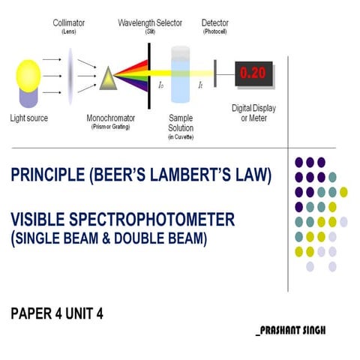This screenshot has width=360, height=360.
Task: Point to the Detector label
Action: (215, 22)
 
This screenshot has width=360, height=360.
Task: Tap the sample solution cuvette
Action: (181, 74)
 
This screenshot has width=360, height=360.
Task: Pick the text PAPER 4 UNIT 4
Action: (57, 313)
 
